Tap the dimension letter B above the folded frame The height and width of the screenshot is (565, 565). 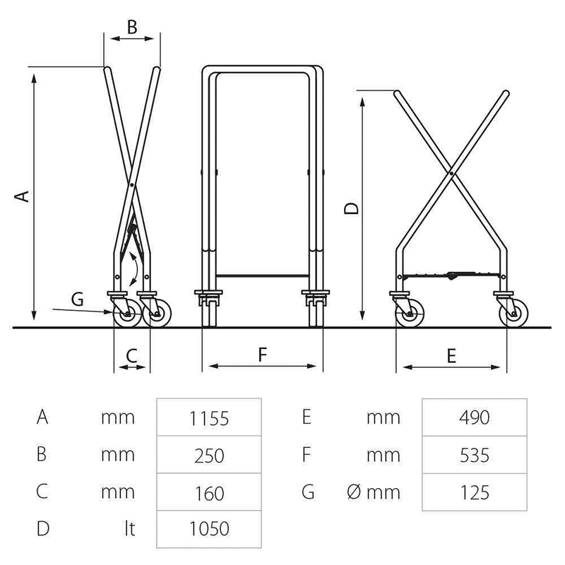132,27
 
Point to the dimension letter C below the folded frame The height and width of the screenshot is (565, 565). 132,356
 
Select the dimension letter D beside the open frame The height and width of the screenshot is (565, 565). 351,208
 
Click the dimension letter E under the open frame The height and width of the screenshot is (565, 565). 451,356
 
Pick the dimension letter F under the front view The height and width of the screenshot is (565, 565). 263,355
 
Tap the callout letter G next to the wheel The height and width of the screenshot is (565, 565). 78,299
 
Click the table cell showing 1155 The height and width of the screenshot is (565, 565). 209,417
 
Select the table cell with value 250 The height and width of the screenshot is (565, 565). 209,455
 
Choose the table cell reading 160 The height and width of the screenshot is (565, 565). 209,492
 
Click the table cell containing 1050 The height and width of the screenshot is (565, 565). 209,529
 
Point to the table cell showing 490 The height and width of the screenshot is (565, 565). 475,417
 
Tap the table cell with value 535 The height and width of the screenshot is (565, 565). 475,455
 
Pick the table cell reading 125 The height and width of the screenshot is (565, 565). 475,492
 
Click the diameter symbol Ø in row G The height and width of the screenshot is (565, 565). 354,492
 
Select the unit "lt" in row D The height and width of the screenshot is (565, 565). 130,528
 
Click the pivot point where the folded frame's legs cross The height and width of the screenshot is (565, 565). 132,185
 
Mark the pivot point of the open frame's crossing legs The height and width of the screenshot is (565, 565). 451,173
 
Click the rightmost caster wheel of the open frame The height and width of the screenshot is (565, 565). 514,314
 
